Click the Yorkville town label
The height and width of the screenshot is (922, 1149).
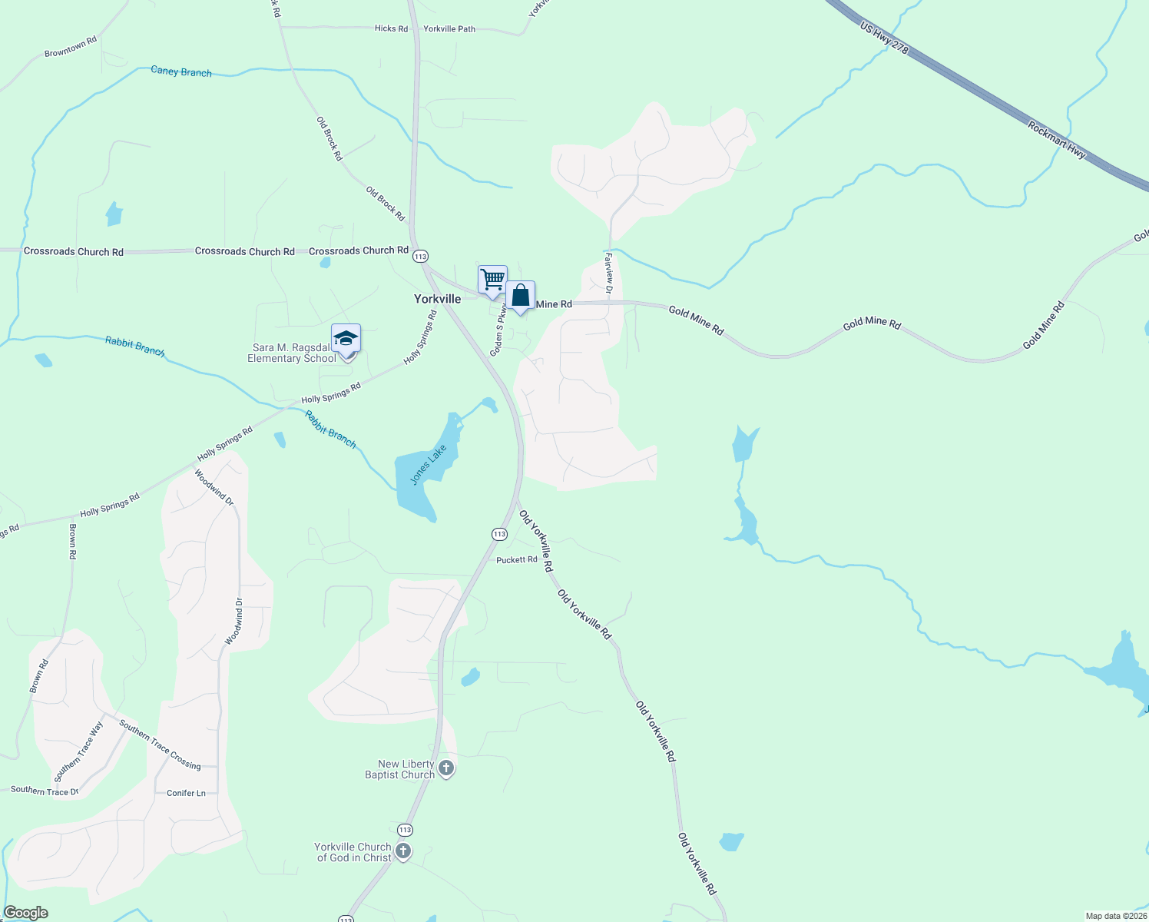point(437,299)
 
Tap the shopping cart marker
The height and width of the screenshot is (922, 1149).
point(492,279)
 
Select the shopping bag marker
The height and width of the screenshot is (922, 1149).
point(520,295)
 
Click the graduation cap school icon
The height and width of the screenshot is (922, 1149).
point(346,338)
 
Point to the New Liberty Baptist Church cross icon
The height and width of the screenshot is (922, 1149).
point(445,768)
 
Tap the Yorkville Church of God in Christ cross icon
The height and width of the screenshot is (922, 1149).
point(402,851)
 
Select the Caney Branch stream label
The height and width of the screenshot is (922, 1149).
point(181,71)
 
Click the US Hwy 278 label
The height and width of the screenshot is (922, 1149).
point(884,38)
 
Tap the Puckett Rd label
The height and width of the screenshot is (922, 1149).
point(516,560)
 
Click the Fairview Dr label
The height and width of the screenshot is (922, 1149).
point(608,274)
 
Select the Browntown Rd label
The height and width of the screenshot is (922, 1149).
point(71,47)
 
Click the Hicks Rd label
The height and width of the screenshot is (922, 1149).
point(391,28)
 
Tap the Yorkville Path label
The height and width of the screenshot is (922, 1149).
point(449,28)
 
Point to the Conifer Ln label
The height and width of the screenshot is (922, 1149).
point(186,793)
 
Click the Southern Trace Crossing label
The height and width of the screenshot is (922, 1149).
point(160,745)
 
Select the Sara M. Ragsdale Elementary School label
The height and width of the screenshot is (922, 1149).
point(291,353)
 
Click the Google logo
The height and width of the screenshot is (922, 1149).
point(26,913)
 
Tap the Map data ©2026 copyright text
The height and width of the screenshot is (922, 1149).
point(1115,916)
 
